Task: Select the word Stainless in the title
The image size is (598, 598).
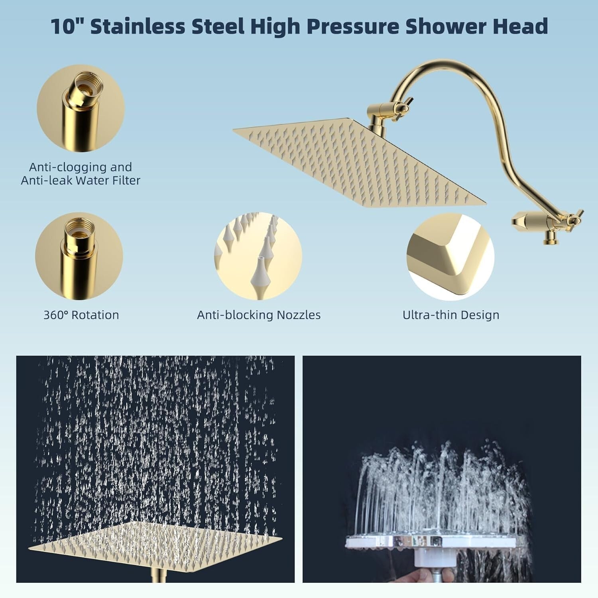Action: tap(138, 26)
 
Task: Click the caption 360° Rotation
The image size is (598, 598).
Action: tap(81, 315)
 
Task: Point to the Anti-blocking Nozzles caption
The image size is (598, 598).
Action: tap(259, 315)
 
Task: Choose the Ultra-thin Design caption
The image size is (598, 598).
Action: tap(451, 315)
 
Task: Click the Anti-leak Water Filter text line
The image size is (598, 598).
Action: tap(81, 181)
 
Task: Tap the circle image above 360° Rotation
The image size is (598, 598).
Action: tap(79, 256)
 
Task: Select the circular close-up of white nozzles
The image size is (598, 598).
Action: tap(258, 256)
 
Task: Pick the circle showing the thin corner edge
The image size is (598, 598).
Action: tap(450, 256)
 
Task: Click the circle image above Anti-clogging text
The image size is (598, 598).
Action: tap(81, 108)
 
